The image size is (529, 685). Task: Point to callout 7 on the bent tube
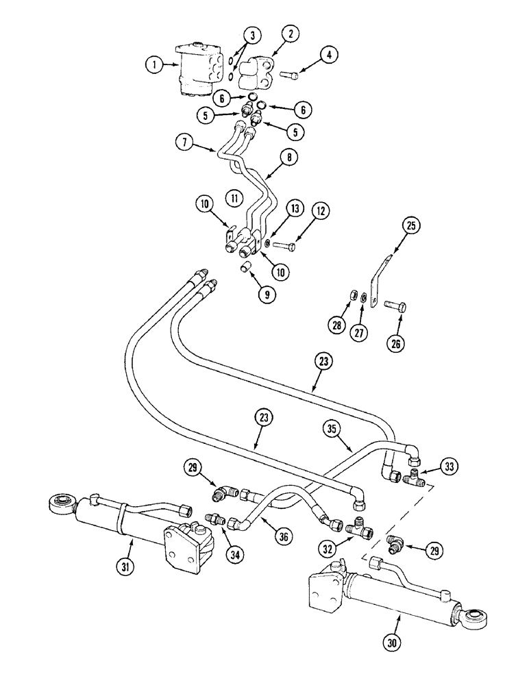184,145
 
